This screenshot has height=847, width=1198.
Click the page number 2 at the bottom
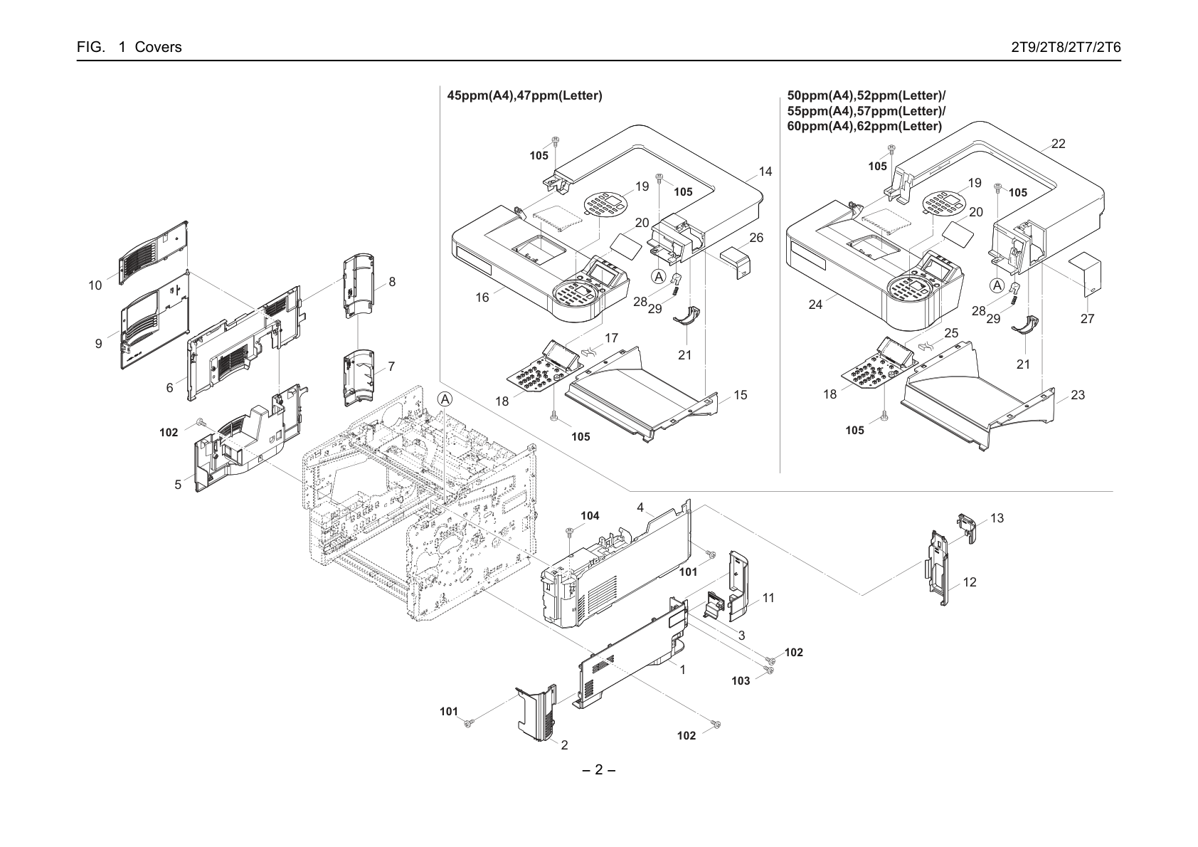[x=598, y=769]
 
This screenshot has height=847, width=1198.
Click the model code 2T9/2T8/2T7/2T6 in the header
[x=1066, y=47]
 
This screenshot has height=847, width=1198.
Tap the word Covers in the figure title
[x=158, y=47]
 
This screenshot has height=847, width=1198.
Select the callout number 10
[x=95, y=285]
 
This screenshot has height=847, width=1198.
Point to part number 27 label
[x=1087, y=319]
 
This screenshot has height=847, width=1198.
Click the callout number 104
[x=590, y=516]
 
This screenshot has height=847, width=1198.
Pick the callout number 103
[x=741, y=681]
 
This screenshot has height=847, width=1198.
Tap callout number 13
[x=997, y=518]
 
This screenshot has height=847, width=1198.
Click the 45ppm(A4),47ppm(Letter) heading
[x=524, y=96]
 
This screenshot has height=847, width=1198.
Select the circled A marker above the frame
[x=445, y=399]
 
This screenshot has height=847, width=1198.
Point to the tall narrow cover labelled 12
[x=937, y=567]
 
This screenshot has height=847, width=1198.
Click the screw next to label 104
[x=570, y=531]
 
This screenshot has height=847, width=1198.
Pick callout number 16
[x=482, y=298]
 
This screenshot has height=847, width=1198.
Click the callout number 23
[x=1078, y=395]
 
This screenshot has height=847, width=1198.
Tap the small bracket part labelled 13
[x=967, y=527]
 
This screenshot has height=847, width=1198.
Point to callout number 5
[x=178, y=485]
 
